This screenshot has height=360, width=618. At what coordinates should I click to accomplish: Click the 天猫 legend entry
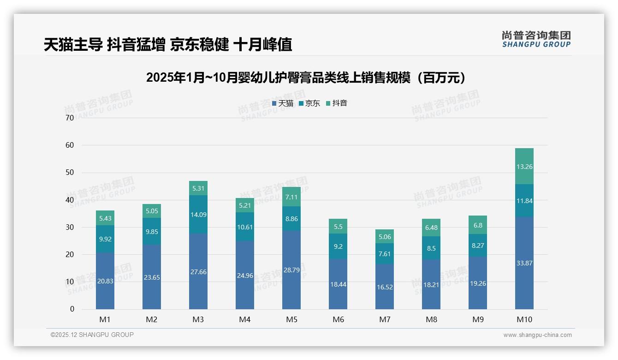[x=283, y=103]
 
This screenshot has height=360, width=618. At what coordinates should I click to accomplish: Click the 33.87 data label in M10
[x=524, y=263]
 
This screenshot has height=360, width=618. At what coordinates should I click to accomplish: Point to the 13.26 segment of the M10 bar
[x=524, y=167]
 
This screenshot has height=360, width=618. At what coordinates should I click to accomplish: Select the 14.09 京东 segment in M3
[x=198, y=214]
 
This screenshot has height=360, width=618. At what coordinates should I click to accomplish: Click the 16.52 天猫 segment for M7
[x=384, y=287]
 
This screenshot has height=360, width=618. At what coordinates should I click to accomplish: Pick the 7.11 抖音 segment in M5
[x=291, y=197]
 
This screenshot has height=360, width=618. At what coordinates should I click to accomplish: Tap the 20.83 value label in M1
[x=105, y=281]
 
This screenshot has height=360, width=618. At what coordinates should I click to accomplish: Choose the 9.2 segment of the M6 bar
[x=338, y=246]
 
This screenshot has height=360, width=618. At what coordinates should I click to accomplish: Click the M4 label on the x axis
[x=244, y=319]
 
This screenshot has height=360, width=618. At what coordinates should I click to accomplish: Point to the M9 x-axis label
[x=477, y=319]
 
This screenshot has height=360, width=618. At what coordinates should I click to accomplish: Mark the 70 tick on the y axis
[x=70, y=118]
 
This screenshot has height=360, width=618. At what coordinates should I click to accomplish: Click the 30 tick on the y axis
[x=70, y=227]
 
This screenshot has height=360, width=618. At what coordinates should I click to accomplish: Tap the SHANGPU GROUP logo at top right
[x=536, y=39]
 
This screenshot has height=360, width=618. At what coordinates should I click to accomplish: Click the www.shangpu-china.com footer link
[x=537, y=335]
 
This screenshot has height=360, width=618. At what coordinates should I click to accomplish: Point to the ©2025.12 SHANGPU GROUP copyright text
[x=92, y=335]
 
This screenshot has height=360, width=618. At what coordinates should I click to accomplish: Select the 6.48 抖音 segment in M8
[x=431, y=228]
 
